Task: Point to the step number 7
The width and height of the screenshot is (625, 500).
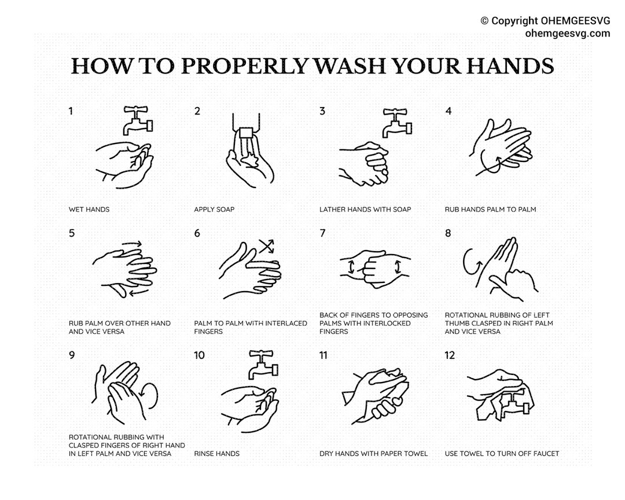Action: (322, 233)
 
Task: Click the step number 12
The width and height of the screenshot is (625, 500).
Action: (450, 355)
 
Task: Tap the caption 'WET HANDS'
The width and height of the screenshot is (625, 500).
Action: (89, 209)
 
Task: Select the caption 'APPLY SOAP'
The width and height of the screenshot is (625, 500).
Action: (214, 209)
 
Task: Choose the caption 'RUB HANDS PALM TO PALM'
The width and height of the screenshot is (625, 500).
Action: (490, 209)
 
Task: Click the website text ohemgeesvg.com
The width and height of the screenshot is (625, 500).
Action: (567, 33)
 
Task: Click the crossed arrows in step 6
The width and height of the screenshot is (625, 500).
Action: (266, 246)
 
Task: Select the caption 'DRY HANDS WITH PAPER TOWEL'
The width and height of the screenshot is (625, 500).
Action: (373, 454)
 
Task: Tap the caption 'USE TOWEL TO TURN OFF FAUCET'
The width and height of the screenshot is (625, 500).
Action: (502, 454)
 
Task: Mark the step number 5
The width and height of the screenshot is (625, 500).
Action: (72, 233)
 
